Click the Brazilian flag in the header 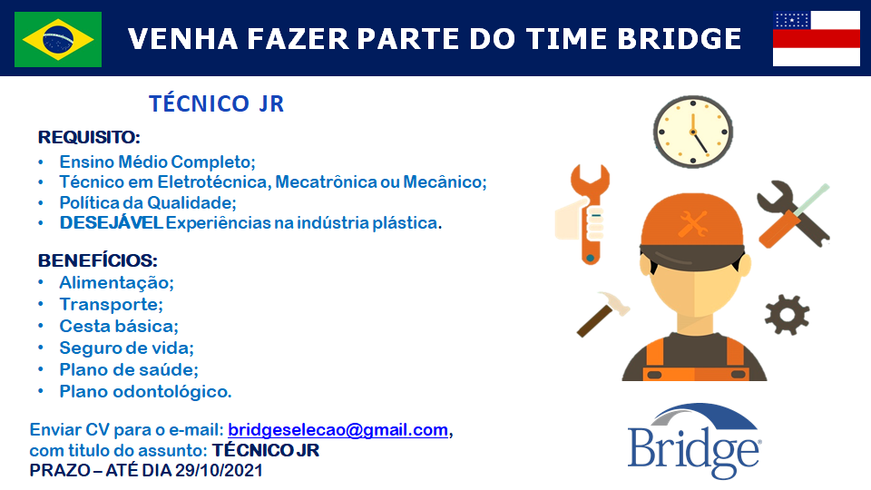pos(58,39)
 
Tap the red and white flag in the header pos(816,38)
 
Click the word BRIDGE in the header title pos(679,39)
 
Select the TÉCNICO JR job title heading pos(216,103)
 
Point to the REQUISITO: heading pos(89,137)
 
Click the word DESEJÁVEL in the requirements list pos(111,223)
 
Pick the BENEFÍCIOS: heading pos(98,260)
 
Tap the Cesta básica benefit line pos(119,326)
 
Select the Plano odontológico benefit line pos(145,392)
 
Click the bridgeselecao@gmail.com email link pos(338,430)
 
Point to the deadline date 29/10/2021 pos(219,471)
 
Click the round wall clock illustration pos(692,132)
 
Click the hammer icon pos(602,314)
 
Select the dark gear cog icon pos(788,315)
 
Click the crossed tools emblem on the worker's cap pos(692,223)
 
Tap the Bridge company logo pos(694,441)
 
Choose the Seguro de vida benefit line pos(127,348)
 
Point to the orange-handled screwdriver pos(793,216)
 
